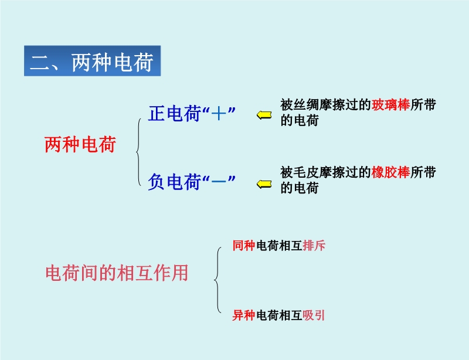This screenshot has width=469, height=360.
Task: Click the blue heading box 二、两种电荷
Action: coord(93,61)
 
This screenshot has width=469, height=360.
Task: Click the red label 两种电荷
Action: coord(80,145)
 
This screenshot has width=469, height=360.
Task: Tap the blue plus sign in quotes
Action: coord(219,114)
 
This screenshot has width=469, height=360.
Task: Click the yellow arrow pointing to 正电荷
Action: coord(264,115)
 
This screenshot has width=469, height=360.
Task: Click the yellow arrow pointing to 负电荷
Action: coord(264,184)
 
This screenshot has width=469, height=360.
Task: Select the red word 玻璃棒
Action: coord(390,105)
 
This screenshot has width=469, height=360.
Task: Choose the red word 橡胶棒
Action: coord(390,172)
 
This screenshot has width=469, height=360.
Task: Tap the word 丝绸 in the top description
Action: coord(300,105)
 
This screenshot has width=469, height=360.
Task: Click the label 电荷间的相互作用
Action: coord(117,273)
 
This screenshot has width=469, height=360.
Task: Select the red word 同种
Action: coord(244,246)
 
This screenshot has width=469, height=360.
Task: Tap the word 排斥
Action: coord(314,246)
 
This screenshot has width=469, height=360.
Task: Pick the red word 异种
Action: coord(244,315)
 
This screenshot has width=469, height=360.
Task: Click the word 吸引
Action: coord(314,315)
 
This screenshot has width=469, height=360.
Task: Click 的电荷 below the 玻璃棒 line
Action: coord(300,120)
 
